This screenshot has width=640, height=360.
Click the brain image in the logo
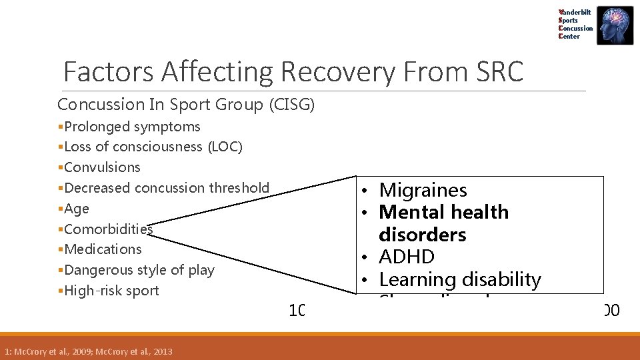[615, 25]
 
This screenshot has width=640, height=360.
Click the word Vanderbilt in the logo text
[576, 12]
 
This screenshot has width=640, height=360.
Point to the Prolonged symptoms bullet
[132, 127]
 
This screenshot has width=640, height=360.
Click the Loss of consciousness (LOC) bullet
[153, 147]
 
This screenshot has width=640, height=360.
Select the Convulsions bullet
[102, 167]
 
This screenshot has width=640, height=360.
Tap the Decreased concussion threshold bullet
[167, 188]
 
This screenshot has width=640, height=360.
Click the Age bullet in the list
[77, 209]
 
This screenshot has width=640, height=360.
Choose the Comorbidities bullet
[109, 229]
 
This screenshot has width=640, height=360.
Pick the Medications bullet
[103, 249]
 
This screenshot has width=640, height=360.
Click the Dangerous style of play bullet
[139, 270]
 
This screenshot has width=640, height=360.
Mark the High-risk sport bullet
[111, 291]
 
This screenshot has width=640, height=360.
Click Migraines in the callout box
[423, 190]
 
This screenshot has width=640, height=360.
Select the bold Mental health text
[443, 213]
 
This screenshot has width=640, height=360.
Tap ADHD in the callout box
[406, 257]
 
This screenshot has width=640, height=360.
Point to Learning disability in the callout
[459, 279]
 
